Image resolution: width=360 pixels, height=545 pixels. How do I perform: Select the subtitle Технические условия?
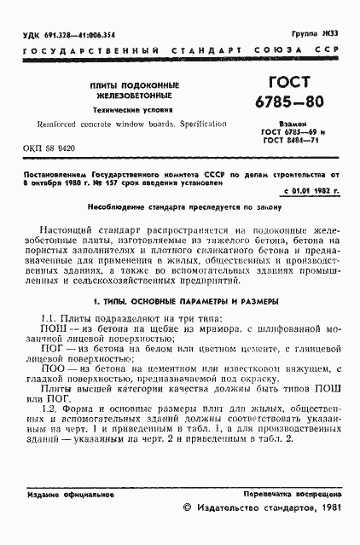(131, 112)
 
